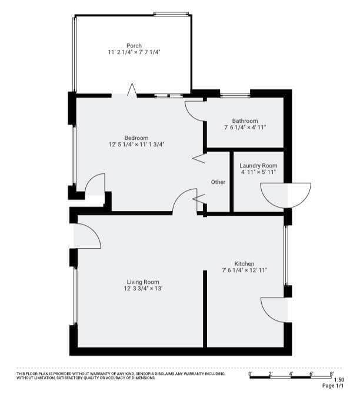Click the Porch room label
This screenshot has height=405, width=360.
pyautogui.click(x=134, y=45)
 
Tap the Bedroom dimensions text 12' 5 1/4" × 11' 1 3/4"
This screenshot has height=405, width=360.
pyautogui.click(x=136, y=145)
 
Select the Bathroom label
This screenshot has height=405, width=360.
pyautogui.click(x=245, y=121)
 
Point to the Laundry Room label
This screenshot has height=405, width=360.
pyautogui.click(x=258, y=166)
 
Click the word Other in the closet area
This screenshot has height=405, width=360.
pyautogui.click(x=218, y=182)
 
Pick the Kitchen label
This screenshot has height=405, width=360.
pyautogui.click(x=244, y=264)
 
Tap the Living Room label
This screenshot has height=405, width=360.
pyautogui.click(x=143, y=282)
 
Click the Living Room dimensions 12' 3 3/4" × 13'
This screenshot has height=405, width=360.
pyautogui.click(x=143, y=289)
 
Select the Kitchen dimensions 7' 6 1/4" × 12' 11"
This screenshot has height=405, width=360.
pyautogui.click(x=244, y=270)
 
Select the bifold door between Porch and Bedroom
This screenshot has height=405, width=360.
pyautogui.click(x=132, y=89)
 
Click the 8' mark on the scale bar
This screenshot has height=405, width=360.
pyautogui.click(x=332, y=374)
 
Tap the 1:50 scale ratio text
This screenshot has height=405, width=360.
pyautogui.click(x=339, y=380)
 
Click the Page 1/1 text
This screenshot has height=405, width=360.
pyautogui.click(x=333, y=386)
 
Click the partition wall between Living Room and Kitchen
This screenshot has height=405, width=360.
pyautogui.click(x=205, y=309)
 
